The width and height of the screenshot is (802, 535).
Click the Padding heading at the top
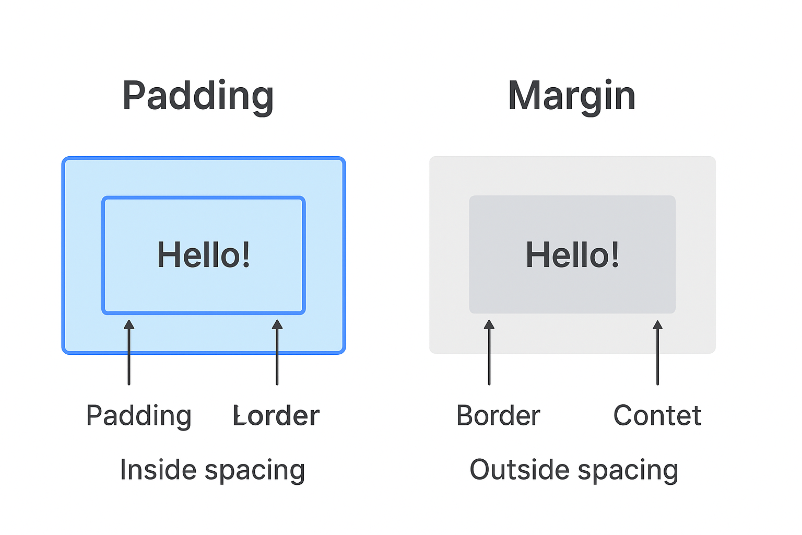tap(198, 96)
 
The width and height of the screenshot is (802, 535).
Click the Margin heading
tap(572, 96)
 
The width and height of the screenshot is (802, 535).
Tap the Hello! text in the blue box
tap(204, 255)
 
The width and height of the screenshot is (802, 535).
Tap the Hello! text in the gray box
tap(572, 255)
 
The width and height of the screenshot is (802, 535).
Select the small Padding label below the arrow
tap(139, 416)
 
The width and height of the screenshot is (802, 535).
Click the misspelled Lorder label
tap(276, 416)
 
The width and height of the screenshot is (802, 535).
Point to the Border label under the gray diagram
tap(498, 416)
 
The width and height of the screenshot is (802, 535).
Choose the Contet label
tap(657, 416)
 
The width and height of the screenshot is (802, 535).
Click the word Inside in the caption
tap(158, 469)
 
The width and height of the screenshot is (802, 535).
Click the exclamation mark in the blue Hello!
tap(245, 255)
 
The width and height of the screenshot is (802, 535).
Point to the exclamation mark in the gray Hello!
tap(615, 255)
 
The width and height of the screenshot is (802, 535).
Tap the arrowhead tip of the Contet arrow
tap(657, 322)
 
